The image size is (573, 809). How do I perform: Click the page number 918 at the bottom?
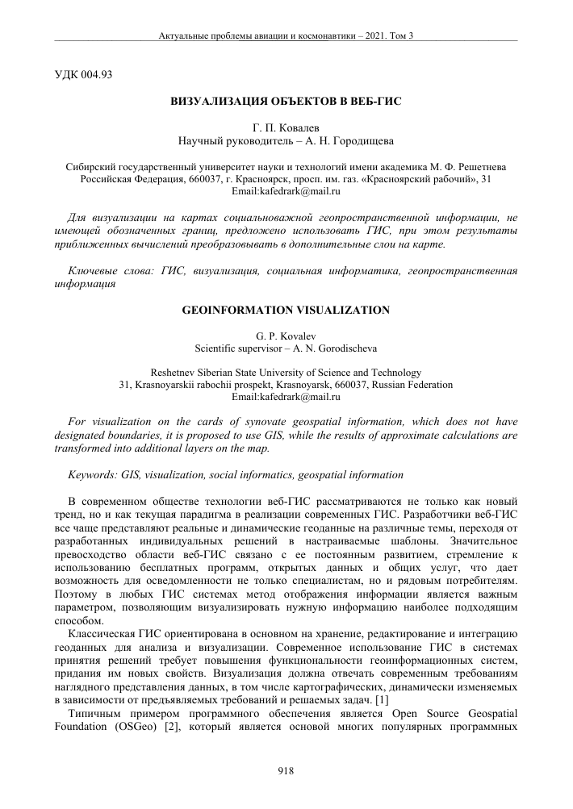click(286, 771)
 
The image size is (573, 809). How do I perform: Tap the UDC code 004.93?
click(95, 75)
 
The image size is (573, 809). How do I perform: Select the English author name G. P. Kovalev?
click(286, 335)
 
